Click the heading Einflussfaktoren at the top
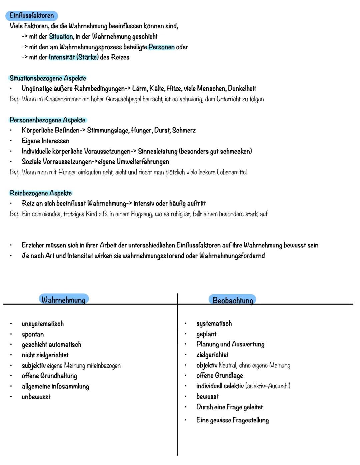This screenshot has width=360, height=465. tap(32, 15)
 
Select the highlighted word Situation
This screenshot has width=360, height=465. tap(61, 36)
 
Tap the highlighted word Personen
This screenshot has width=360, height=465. tap(161, 47)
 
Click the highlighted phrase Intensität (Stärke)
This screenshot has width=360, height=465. tap(74, 57)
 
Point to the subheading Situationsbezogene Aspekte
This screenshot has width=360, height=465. tap(48, 78)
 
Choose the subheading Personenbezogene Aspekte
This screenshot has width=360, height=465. tap(47, 120)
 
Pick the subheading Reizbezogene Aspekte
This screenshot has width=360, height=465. tap(41, 193)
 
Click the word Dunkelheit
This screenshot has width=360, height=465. tap(242, 89)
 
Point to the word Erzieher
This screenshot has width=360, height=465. tap(34, 245)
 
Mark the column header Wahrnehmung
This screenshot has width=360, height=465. tap(63, 300)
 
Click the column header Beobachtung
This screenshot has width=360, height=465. tap(233, 300)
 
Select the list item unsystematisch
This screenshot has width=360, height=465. tap(43, 324)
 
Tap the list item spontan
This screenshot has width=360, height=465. tap(33, 334)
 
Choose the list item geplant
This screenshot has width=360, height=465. tap(206, 334)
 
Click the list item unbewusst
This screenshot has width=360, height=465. tap(36, 397)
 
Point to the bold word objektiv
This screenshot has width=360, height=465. tap(207, 365)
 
